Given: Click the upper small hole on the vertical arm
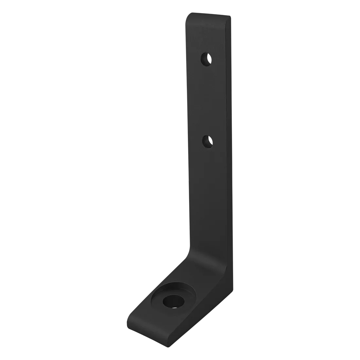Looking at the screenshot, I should tap(206, 60).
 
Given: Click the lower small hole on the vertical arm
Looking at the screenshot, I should tap(207, 142).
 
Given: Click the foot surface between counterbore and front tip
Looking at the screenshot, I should tap(144, 314).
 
